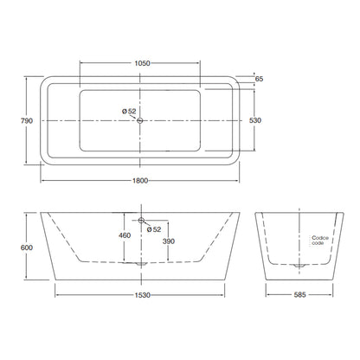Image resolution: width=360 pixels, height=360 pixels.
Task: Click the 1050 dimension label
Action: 143,63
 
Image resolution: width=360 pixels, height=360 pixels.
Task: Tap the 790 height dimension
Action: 27,121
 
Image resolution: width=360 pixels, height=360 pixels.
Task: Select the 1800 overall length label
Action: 140,181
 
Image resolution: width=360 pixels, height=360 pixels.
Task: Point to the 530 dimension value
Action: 255,120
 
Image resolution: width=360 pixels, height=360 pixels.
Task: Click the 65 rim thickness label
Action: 260,79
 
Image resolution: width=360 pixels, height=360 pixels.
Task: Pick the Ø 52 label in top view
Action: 129,111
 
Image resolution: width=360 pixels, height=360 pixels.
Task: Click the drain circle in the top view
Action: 140,120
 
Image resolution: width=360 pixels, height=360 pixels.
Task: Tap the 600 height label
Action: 27,247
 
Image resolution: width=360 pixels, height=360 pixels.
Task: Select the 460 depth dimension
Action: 125,235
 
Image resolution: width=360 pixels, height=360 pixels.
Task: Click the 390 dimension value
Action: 169,241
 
